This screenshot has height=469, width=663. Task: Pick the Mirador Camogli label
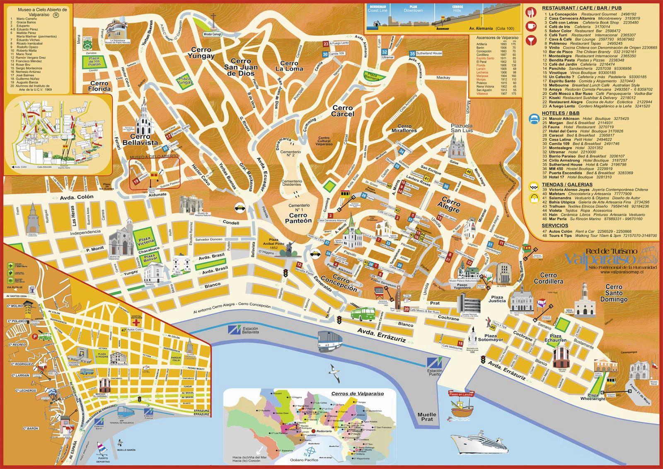[212, 34]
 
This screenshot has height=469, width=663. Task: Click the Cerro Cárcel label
[343, 111]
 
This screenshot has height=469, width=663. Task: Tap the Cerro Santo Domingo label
[613, 293]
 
